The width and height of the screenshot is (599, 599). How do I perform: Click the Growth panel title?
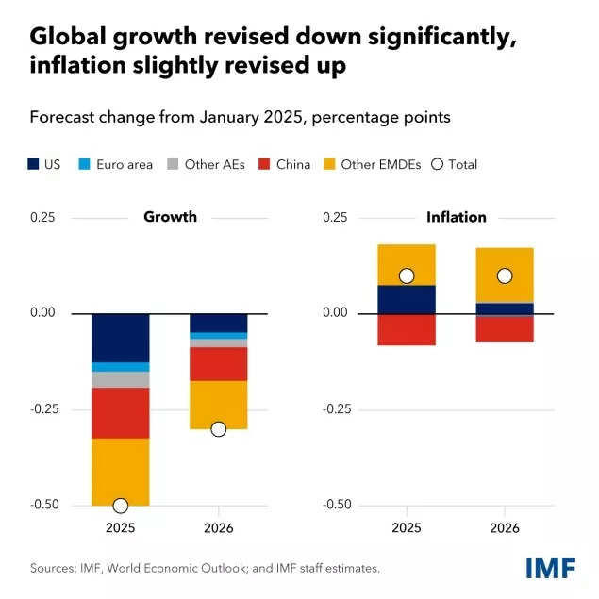(x=170, y=217)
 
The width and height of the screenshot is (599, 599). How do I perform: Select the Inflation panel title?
(x=456, y=217)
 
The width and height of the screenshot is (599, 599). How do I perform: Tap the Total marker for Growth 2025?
(x=120, y=506)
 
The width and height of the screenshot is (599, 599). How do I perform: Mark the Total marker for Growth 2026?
(x=218, y=429)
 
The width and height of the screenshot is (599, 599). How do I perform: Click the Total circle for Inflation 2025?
(x=407, y=275)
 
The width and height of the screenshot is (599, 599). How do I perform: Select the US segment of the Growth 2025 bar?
(x=120, y=338)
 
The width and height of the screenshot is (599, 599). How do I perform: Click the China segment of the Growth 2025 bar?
(x=120, y=413)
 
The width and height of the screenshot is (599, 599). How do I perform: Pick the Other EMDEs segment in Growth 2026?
(x=218, y=404)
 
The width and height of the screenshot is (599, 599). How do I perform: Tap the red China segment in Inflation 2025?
(x=407, y=329)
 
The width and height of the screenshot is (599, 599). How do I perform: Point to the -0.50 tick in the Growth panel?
(x=42, y=505)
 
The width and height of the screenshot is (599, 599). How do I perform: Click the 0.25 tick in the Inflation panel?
(x=336, y=217)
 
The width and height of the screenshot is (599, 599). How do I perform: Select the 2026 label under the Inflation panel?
(x=505, y=527)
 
